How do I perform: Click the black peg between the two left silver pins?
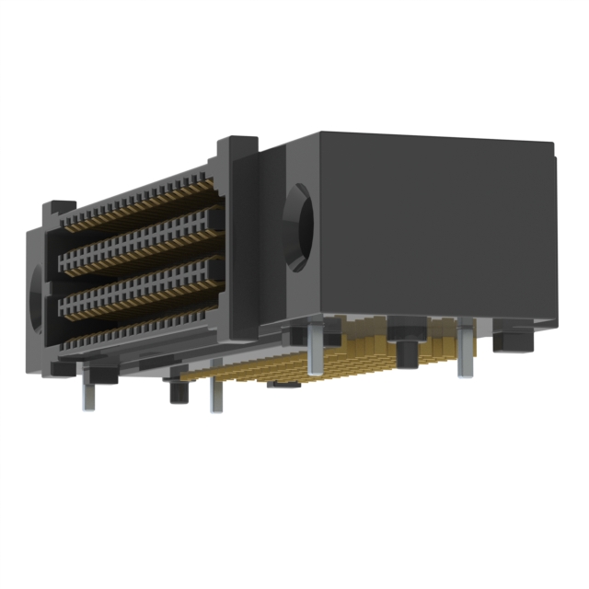[x=179, y=391]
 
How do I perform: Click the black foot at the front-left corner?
[x=63, y=369]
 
